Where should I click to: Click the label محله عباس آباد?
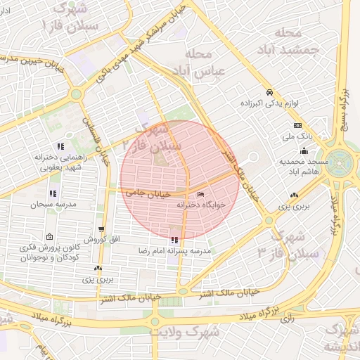click(x=203, y=63)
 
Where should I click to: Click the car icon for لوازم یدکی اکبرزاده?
click(x=269, y=92)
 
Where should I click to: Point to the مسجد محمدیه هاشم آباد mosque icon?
click(x=304, y=150)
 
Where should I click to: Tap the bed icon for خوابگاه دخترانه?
click(x=201, y=194)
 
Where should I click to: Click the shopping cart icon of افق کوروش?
click(x=102, y=229)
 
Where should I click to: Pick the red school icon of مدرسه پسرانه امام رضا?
click(x=174, y=240)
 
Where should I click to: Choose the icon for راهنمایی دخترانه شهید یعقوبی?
click(x=61, y=147)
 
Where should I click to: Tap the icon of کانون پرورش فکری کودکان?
click(x=49, y=237)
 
